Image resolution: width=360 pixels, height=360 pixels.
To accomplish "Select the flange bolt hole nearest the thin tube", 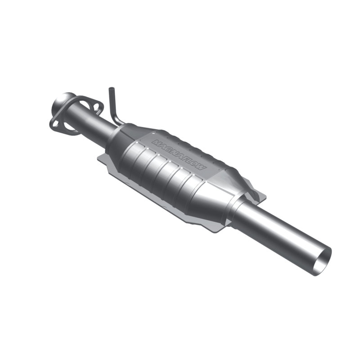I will click(x=94, y=107).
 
